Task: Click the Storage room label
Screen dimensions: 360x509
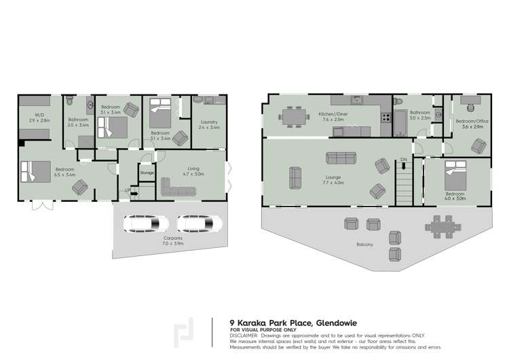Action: [147, 173]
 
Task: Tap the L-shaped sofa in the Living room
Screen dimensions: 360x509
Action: [178, 190]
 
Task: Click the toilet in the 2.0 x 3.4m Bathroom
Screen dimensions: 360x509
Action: [71, 104]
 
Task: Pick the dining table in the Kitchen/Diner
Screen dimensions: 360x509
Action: [293, 117]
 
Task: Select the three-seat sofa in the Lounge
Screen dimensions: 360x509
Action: [341, 158]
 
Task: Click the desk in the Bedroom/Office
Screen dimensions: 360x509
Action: [470, 101]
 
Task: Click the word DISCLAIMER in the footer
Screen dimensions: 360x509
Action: [245, 335]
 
